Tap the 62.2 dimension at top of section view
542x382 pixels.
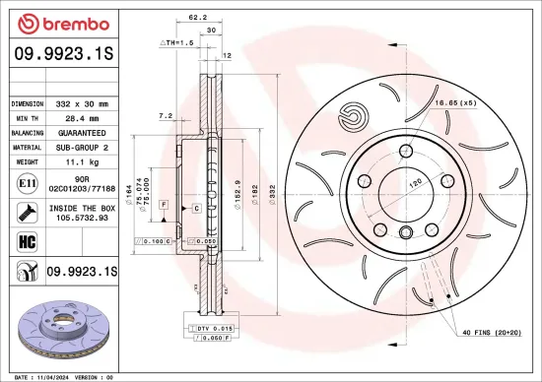coord(197,17)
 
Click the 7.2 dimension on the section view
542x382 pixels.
coord(167,116)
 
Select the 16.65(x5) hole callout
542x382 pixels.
coord(455,102)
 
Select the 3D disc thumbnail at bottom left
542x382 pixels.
coord(61,325)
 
